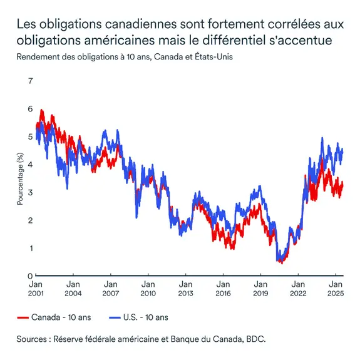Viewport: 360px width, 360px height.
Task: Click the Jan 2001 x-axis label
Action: (x=36, y=287)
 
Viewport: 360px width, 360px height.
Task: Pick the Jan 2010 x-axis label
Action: (x=148, y=287)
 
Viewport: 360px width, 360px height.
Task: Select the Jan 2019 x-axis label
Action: (x=260, y=287)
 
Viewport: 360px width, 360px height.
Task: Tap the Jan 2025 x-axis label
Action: (x=336, y=287)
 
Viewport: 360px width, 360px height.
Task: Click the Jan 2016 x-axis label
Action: (x=223, y=287)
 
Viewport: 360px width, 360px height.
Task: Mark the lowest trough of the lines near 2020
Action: (x=281, y=262)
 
